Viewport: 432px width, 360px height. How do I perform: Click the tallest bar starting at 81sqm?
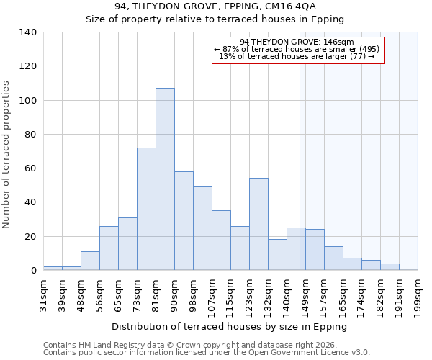[x=165, y=179]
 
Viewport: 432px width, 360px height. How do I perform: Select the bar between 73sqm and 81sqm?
[x=146, y=209]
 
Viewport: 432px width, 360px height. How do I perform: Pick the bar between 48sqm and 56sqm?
[x=90, y=261]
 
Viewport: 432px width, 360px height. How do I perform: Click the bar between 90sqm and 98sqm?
[x=184, y=221]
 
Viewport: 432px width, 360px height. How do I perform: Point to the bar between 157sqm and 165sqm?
[x=333, y=258]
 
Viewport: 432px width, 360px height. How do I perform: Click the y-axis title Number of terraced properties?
[x=7, y=155]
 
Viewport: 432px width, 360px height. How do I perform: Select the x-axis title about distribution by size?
[x=230, y=326]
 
